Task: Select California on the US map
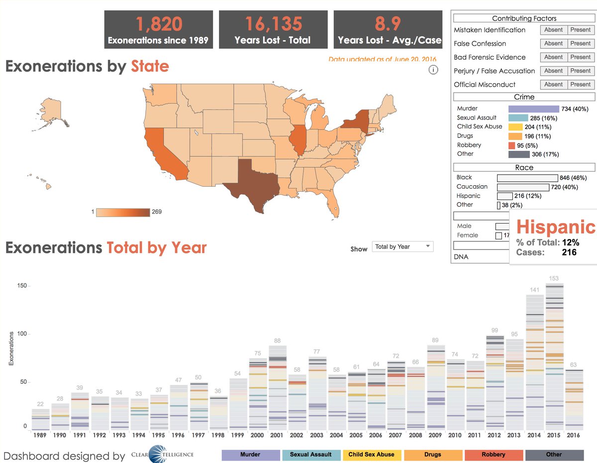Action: coord(159,149)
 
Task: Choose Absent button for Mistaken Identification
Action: coord(553,30)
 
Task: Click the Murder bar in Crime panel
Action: coord(533,109)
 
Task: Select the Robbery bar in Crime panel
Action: coord(511,145)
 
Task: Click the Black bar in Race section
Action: coord(527,178)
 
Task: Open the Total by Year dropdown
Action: coord(402,246)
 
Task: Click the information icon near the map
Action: coord(433,70)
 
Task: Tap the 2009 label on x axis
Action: coord(435,435)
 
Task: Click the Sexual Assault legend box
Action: coord(311,455)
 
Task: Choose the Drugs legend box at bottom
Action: coord(433,455)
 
